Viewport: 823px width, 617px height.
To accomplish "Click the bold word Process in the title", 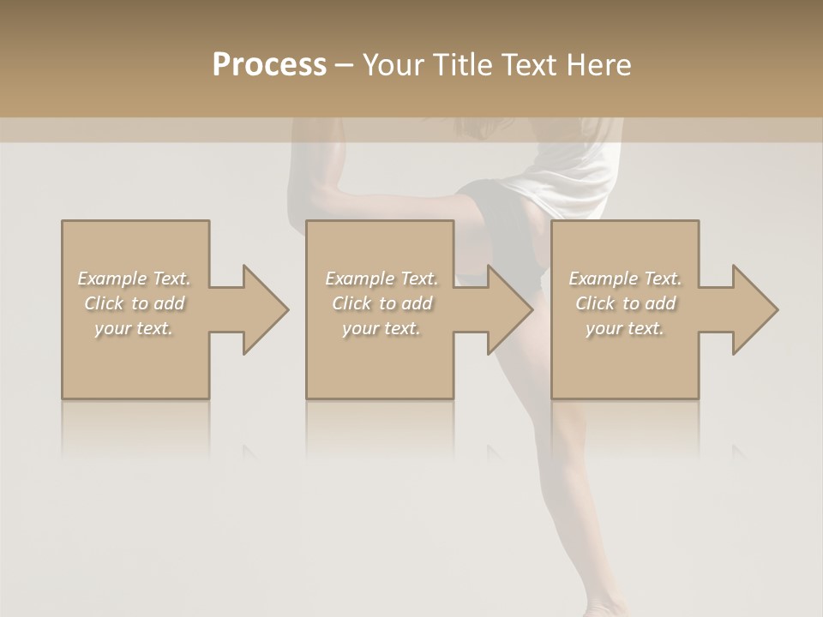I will tap(269, 65).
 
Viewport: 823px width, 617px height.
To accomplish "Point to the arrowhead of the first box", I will tap(261, 309).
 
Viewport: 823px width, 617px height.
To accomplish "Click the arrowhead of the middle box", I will tap(507, 309).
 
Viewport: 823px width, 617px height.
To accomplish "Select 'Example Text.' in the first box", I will tap(134, 279).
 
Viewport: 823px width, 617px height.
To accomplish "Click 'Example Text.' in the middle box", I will tap(381, 279).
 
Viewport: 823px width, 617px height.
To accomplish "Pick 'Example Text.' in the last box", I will tap(625, 279).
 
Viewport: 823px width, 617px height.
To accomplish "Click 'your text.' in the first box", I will tap(134, 328).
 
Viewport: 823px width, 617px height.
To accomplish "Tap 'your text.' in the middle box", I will tap(381, 328).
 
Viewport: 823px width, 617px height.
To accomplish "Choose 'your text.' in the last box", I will tap(625, 328).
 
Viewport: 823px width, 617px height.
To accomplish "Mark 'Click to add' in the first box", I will tap(134, 303).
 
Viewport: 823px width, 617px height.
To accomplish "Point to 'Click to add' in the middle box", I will tap(381, 303).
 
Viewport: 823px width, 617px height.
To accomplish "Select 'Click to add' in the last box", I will tap(625, 303).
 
